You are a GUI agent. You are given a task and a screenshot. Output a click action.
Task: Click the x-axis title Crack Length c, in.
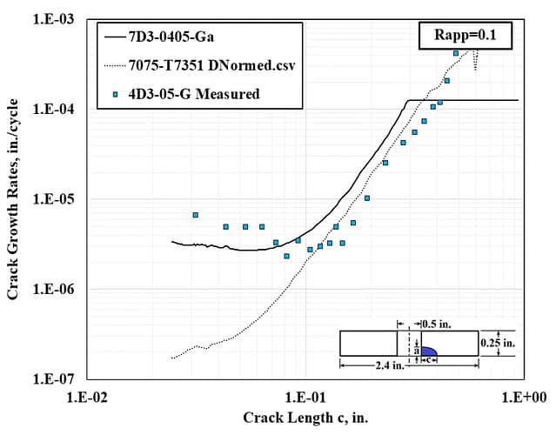[305, 418]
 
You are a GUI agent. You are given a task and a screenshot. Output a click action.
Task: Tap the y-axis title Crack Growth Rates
[13, 198]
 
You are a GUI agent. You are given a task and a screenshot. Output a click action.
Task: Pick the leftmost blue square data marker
[195, 215]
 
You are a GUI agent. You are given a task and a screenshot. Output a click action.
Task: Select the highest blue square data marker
[456, 53]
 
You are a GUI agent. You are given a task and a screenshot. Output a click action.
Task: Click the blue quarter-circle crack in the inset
[426, 351]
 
